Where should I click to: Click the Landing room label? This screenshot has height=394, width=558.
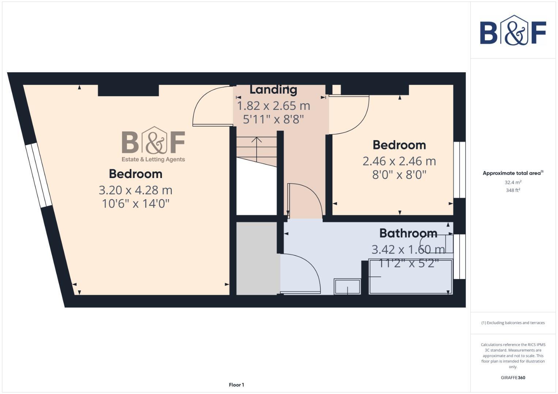273,90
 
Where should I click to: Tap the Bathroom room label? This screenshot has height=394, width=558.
408,233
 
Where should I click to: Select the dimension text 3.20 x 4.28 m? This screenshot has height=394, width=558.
135,190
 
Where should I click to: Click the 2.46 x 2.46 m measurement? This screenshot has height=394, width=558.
399,161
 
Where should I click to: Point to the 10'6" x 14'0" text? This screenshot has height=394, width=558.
136,204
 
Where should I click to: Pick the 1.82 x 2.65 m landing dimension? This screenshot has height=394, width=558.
273,106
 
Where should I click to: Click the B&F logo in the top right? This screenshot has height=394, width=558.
513,30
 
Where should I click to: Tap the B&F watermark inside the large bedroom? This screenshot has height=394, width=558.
153,144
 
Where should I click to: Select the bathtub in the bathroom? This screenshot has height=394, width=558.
411,277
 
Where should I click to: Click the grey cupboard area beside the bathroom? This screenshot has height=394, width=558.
258,258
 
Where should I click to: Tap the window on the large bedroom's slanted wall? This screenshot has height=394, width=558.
38,175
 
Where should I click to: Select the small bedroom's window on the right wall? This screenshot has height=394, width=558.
459,170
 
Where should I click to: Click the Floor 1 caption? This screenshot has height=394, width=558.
236,385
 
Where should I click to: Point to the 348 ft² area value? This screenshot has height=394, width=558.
513,190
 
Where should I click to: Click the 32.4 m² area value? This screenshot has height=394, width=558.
513,182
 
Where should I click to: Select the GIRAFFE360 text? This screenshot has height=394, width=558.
513,378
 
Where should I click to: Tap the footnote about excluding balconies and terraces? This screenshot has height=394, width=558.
513,323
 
